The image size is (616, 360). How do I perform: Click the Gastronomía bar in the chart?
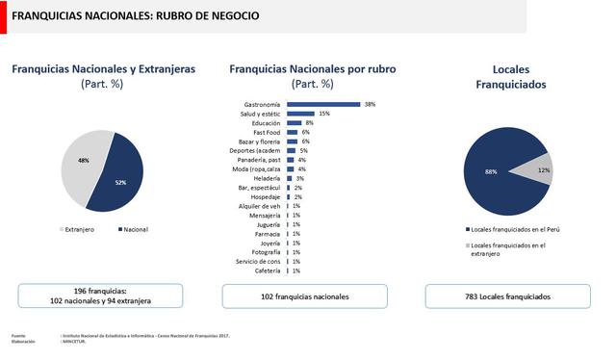322,104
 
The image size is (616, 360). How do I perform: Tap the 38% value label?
370,104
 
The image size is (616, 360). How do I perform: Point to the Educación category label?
266,123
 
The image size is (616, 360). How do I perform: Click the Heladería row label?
267,178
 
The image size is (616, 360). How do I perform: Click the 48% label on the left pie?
84,160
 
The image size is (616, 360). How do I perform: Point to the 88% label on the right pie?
491,171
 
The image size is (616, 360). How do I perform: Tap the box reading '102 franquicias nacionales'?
305,296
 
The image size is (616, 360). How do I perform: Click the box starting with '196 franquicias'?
101,296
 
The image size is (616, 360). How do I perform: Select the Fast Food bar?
292,132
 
